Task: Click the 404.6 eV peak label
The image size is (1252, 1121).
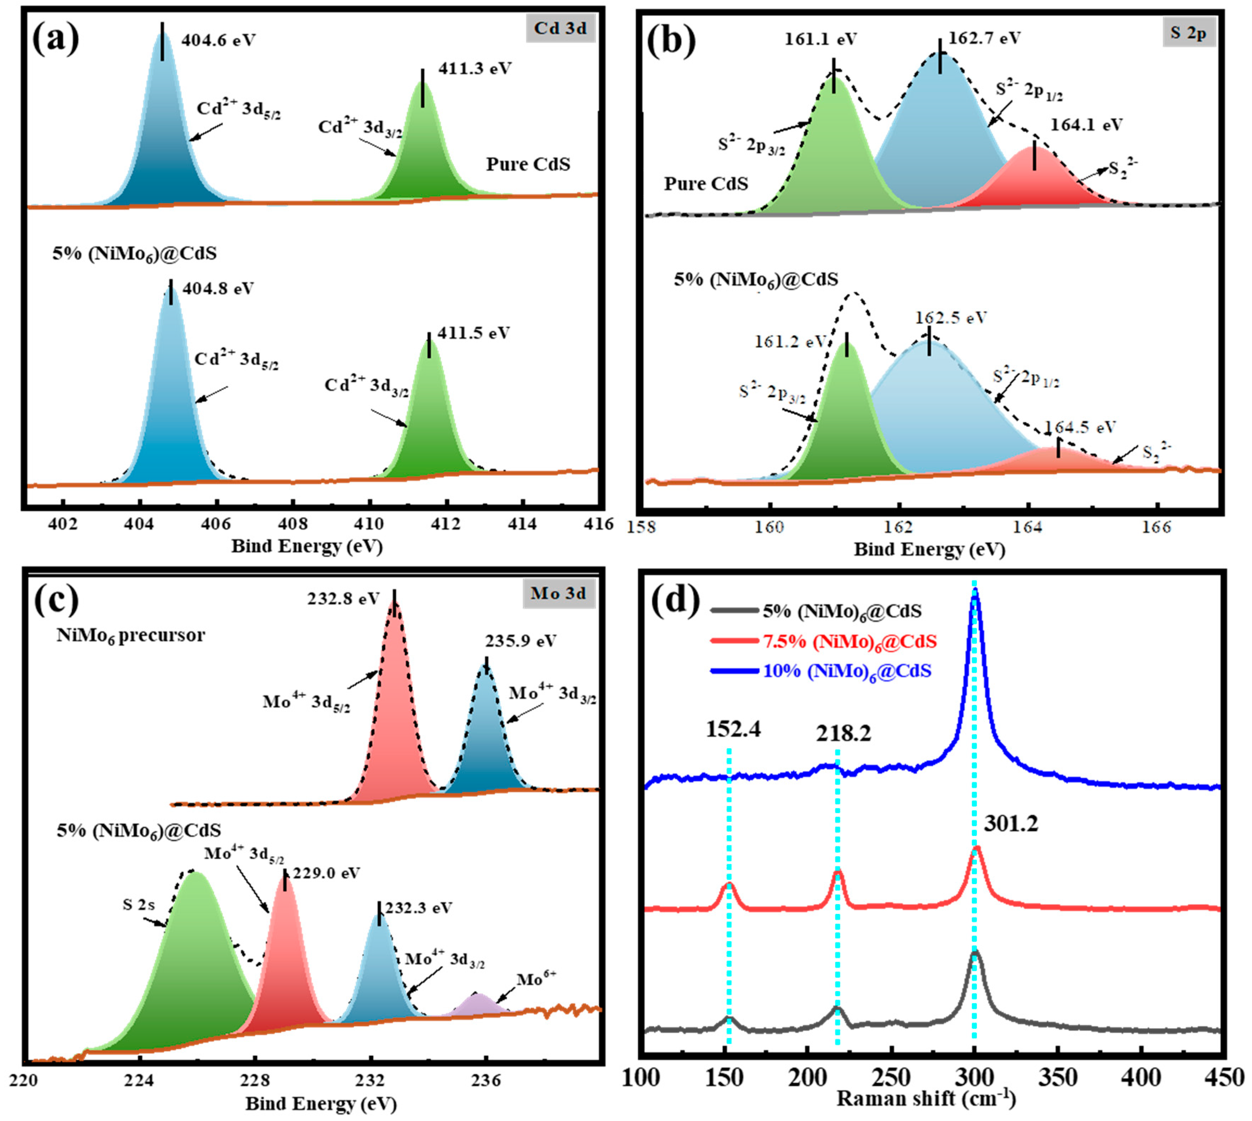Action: pos(218,41)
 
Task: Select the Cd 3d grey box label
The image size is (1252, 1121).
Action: pos(560,28)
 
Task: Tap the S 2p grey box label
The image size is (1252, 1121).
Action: pos(1188,33)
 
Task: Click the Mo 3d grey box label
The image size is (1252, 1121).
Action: pos(559,593)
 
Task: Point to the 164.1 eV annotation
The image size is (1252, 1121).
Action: pos(1086,125)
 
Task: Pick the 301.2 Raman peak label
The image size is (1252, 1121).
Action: pos(1011,824)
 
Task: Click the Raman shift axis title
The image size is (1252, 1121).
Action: pos(926,1098)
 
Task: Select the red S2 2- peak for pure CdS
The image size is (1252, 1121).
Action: pos(1034,182)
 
